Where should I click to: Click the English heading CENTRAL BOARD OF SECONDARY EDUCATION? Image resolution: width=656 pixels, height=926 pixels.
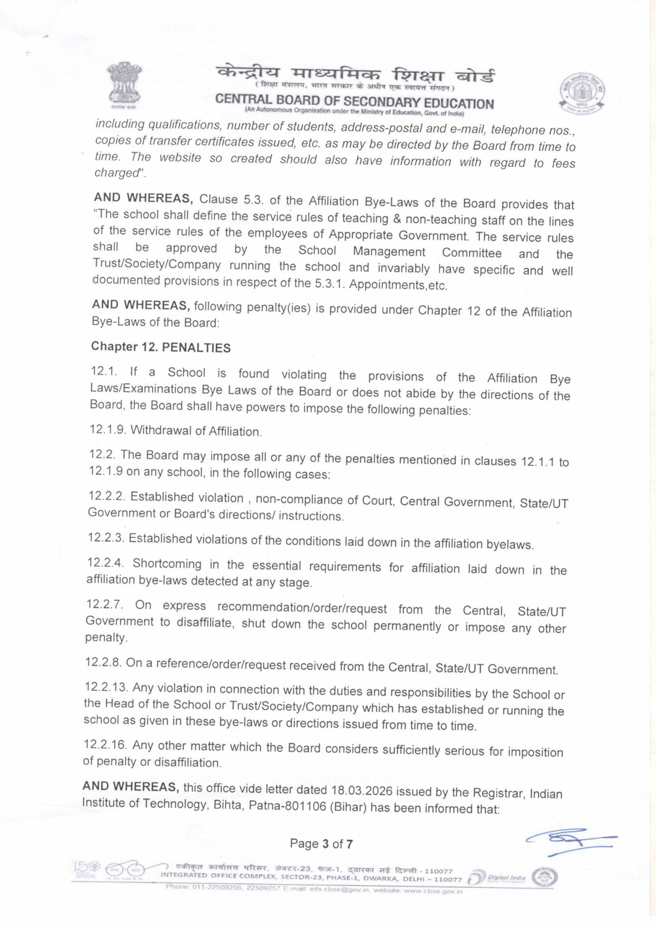pos(354,102)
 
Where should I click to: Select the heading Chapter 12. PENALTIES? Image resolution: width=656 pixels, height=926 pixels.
pos(161,347)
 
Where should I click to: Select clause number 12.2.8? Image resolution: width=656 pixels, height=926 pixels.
pos(104,663)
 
